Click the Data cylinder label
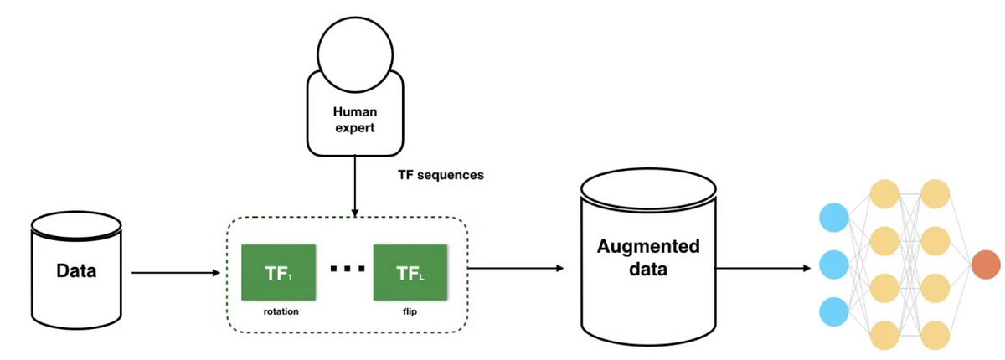[x=76, y=270]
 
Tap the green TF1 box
[x=279, y=272]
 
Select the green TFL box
[x=410, y=272]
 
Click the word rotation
[x=281, y=311]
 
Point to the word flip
[x=410, y=311]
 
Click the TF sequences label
[x=441, y=175]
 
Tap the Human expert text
[x=355, y=119]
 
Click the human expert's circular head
[x=355, y=54]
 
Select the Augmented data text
[x=648, y=257]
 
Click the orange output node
[x=986, y=265]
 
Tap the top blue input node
[x=833, y=218]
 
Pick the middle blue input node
[x=833, y=265]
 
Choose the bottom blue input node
[x=833, y=311]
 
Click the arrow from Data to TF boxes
[x=176, y=273]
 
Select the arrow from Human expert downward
[x=355, y=186]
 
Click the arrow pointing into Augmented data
[x=516, y=268]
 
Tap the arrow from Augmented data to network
[x=762, y=268]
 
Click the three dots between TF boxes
[x=348, y=269]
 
